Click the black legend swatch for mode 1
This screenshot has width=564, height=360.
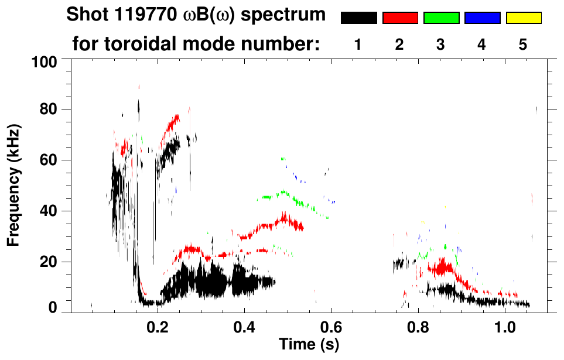coord(359,18)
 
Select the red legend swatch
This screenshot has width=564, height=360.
coord(400,18)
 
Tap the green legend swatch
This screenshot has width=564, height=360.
coord(441,18)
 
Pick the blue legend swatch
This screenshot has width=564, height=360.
coord(482,18)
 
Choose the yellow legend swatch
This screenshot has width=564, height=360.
coord(523,18)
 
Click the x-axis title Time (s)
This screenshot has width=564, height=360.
coord(308,344)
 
